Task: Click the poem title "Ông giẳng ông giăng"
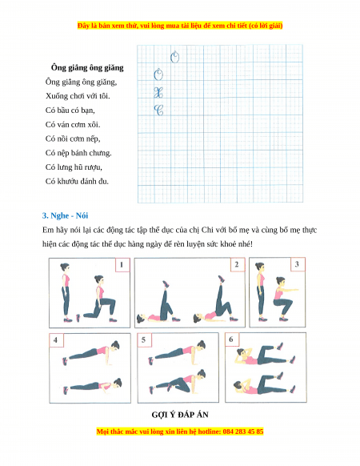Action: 87,67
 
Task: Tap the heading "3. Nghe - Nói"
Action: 65,215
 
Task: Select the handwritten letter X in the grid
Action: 158,93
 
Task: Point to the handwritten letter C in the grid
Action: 158,110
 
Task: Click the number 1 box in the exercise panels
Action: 122,265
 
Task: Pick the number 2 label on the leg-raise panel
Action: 238,264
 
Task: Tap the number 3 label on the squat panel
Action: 298,264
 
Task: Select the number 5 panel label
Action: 144,339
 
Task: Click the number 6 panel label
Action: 232,339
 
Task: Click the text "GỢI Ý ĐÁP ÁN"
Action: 180,415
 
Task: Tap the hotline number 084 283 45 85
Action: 242,432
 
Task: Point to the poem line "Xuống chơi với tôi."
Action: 78,96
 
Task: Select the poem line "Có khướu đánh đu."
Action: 77,181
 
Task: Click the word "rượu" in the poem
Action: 93,167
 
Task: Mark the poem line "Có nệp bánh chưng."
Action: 78,153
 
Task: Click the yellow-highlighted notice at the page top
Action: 180,26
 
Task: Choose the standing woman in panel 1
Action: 66,292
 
